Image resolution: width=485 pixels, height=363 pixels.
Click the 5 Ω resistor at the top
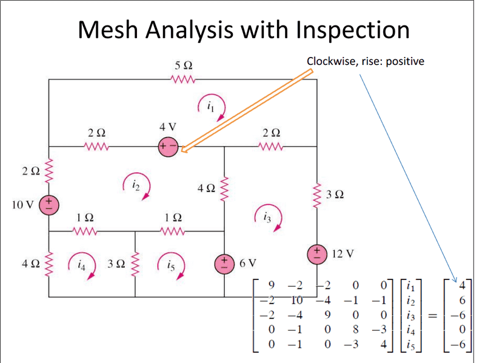tap(182, 79)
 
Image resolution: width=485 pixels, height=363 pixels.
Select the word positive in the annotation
tap(404, 61)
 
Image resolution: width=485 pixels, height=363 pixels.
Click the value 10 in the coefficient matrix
tap(296, 298)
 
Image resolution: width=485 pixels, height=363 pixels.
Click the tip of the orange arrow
tap(182, 148)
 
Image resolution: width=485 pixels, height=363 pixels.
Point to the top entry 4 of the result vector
tap(461, 284)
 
